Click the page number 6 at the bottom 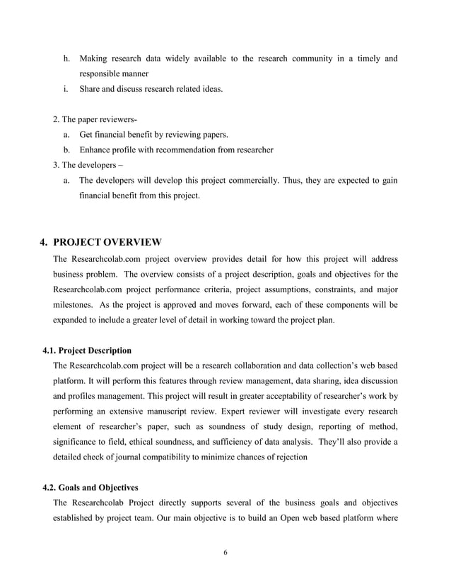click(225, 552)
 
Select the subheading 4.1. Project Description click(87, 350)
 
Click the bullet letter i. click(66, 89)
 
